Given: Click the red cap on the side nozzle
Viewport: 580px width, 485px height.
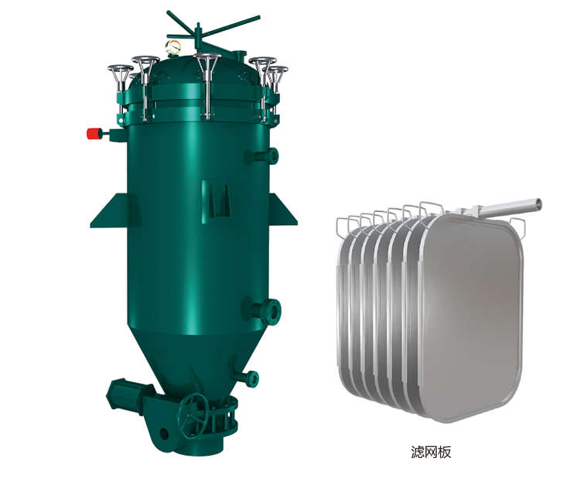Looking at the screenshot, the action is click(94, 134).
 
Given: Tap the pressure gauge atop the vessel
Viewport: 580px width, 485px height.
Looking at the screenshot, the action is click(173, 47).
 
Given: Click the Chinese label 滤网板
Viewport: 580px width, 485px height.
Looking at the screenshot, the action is click(432, 452).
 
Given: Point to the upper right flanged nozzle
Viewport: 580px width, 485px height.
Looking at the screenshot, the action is click(263, 155).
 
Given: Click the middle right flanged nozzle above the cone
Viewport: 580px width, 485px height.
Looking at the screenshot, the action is click(263, 310).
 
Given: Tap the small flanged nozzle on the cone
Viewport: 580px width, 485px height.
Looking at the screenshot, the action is click(247, 377).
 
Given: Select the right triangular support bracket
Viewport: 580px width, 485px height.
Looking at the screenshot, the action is click(281, 210).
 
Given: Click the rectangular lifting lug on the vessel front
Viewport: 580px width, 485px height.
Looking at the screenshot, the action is click(217, 202).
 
